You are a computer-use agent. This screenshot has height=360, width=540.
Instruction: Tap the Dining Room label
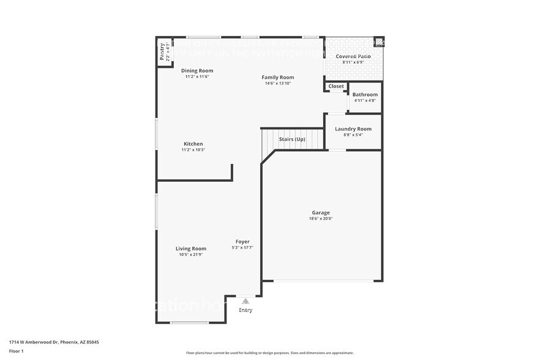pos(197,71)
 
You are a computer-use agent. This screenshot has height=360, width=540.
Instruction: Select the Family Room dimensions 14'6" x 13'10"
pos(278,83)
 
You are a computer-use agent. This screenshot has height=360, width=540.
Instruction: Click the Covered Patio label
pos(353,56)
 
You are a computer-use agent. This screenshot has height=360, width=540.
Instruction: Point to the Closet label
pos(336,86)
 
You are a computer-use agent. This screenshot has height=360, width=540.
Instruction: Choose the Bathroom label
pos(365,95)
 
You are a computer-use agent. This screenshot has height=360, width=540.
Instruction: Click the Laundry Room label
pos(353,129)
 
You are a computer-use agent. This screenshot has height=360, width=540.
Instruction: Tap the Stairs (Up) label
pos(292,140)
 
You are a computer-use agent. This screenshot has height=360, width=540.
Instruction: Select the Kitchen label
pos(193,144)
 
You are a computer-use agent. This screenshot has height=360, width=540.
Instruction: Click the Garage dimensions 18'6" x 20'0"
pos(321,219)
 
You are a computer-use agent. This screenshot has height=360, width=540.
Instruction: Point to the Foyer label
pos(242,242)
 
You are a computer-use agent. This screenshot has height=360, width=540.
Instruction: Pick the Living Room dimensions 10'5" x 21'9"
pos(191,255)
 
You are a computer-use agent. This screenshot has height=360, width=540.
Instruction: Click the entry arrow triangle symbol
pos(246,301)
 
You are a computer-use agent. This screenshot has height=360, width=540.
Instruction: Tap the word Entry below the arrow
pos(246,310)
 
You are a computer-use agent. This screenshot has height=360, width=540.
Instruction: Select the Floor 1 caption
pos(16,351)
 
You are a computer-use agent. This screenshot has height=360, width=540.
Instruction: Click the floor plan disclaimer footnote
pos(269,353)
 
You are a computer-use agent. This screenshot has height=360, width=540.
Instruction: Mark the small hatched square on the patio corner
pos(378,42)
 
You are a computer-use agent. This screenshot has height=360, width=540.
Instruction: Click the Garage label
pos(321,212)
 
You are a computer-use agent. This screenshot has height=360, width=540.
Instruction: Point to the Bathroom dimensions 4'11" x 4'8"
pos(365,101)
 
